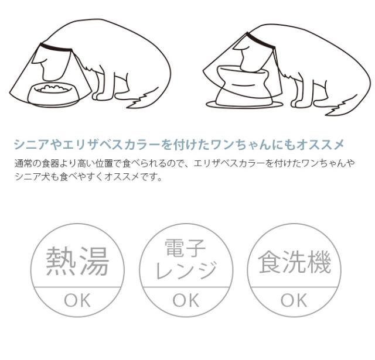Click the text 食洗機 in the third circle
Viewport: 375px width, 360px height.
click(294, 263)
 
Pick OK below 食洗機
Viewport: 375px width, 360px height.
click(294, 301)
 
